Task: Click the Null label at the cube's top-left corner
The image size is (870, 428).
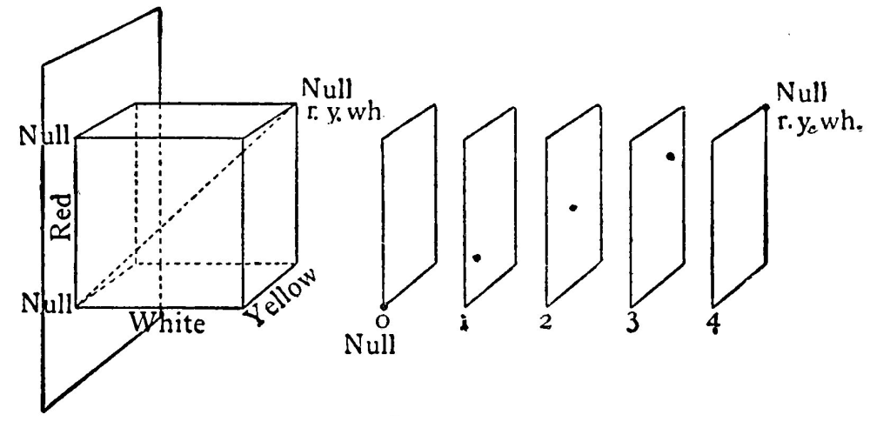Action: point(41,137)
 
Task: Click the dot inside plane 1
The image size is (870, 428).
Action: point(478,257)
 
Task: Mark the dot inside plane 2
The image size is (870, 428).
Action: point(572,208)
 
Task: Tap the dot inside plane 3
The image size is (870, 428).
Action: point(671,157)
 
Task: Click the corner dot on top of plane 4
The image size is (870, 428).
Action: point(766,107)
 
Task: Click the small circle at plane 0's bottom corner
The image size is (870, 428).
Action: point(383,305)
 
